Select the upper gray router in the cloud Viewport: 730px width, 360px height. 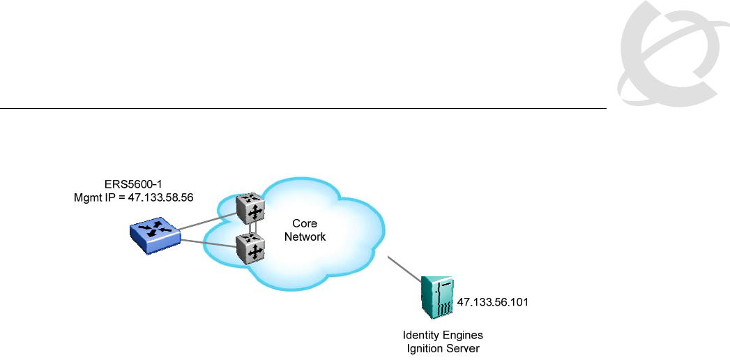[x=251, y=207]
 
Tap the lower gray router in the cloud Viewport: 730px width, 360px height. [x=251, y=247]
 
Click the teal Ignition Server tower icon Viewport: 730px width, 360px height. [x=438, y=297]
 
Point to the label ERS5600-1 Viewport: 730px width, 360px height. [x=133, y=186]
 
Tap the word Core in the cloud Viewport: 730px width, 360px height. [x=305, y=224]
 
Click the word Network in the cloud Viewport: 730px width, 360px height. [x=305, y=237]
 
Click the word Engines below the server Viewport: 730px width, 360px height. [x=462, y=336]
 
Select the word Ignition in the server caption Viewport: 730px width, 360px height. [x=423, y=348]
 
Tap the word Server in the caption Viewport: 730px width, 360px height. [x=463, y=348]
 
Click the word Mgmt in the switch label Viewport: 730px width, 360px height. [x=88, y=197]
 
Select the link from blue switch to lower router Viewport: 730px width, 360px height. [x=208, y=243]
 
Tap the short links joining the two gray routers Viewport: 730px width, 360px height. [x=252, y=227]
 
